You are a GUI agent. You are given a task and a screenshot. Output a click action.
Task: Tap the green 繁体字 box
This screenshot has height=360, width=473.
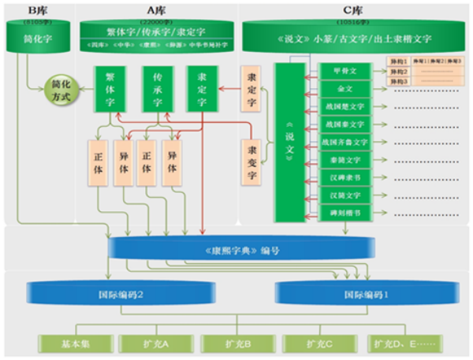pos(109,90)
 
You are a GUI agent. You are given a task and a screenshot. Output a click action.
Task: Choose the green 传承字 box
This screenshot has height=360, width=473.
pos(158,90)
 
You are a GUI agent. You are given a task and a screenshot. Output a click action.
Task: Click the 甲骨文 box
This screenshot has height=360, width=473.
pos(345,71)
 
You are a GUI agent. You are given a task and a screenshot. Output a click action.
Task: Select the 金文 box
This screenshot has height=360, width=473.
pos(345,89)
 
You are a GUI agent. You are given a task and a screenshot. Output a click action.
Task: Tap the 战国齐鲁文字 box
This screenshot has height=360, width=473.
pos(345,142)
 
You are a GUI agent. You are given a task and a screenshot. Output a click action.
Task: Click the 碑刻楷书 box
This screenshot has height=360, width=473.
pos(345,212)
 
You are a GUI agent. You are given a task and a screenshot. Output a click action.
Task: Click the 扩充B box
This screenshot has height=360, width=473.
pos(236,344)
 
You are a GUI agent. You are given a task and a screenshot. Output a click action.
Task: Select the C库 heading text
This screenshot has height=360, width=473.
pos(359,9)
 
